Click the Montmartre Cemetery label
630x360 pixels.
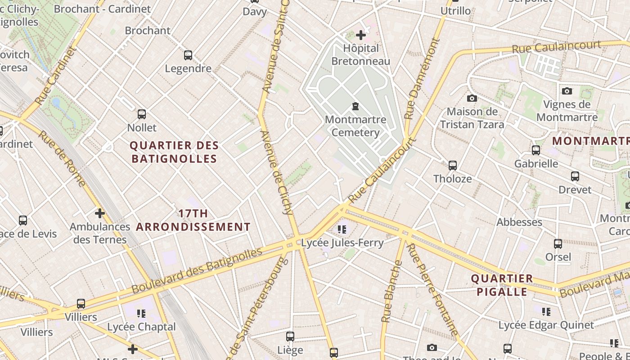pyautogui.click(x=355, y=126)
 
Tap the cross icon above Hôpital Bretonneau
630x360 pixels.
pyautogui.click(x=360, y=35)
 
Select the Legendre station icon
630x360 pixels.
pyautogui.click(x=188, y=55)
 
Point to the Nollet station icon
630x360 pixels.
pyautogui.click(x=142, y=114)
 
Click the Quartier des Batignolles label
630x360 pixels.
pyautogui.click(x=174, y=152)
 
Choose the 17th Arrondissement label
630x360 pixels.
pyautogui.click(x=193, y=220)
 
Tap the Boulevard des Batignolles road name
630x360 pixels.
pyautogui.click(x=197, y=270)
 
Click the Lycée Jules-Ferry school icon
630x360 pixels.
pyautogui.click(x=342, y=229)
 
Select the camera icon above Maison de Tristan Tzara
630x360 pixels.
pyautogui.click(x=472, y=98)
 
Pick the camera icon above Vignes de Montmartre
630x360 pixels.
pyautogui.click(x=567, y=91)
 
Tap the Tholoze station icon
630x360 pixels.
pyautogui.click(x=453, y=166)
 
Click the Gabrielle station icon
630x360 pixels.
pyautogui.click(x=536, y=150)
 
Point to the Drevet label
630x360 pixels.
pyautogui.click(x=575, y=189)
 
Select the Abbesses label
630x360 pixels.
pyautogui.click(x=519, y=222)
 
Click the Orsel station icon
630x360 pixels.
pyautogui.click(x=558, y=244)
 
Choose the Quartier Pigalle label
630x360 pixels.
pyautogui.click(x=502, y=285)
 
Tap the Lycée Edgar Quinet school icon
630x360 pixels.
pyautogui.click(x=546, y=311)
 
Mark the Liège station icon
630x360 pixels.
pyautogui.click(x=290, y=337)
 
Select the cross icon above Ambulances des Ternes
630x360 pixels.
pyautogui.click(x=100, y=213)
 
